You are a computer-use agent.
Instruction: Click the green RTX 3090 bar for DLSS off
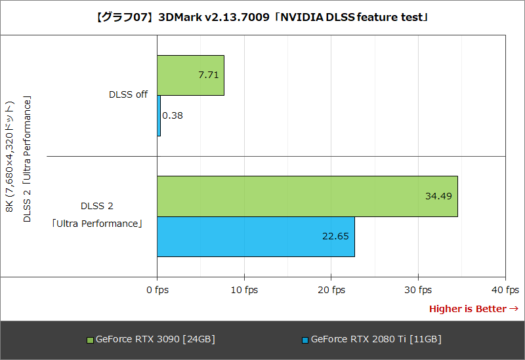pyautogui.click(x=190, y=75)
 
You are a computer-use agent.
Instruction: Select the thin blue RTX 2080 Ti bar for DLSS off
pyautogui.click(x=159, y=115)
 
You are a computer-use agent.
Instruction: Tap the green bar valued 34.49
pyautogui.click(x=307, y=196)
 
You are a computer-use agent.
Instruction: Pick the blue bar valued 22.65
pyautogui.click(x=256, y=236)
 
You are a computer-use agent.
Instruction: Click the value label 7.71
pyautogui.click(x=209, y=75)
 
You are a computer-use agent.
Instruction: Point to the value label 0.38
pyautogui.click(x=173, y=115)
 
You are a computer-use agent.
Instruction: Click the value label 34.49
pyautogui.click(x=439, y=196)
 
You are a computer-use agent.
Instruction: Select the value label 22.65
pyautogui.click(x=336, y=236)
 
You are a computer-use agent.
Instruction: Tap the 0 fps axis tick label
pyautogui.click(x=157, y=290)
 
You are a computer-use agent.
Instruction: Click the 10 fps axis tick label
pyautogui.click(x=244, y=290)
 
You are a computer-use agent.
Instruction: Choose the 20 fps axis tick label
pyautogui.click(x=331, y=290)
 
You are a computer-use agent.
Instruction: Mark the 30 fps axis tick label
pyautogui.click(x=419, y=290)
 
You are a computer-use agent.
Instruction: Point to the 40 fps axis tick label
pyautogui.click(x=505, y=290)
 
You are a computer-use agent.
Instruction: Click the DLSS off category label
pyautogui.click(x=128, y=94)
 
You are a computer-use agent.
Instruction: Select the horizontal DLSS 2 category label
pyautogui.click(x=97, y=206)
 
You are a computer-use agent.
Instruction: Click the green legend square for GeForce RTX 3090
pyautogui.click(x=91, y=340)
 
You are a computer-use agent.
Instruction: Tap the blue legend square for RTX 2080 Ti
pyautogui.click(x=305, y=340)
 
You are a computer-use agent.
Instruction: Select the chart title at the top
pyautogui.click(x=262, y=16)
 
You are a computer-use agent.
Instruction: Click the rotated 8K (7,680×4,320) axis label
pyautogui.click(x=10, y=157)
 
